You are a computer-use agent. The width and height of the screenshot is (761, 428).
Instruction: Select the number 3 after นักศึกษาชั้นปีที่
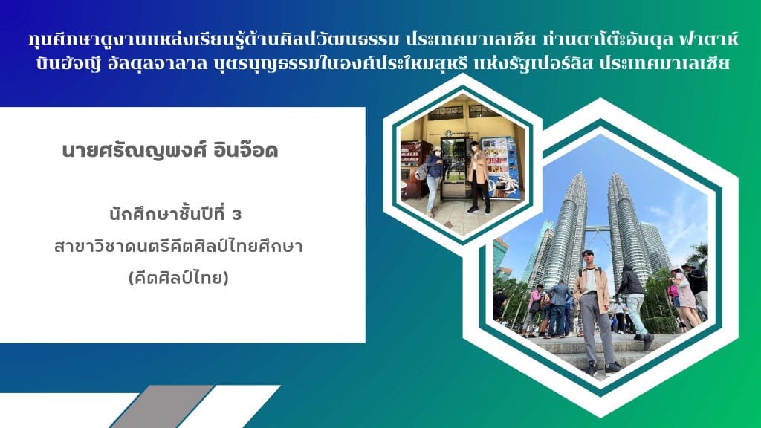pyautogui.click(x=237, y=215)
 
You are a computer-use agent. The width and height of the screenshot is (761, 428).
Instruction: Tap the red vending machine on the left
pyautogui.click(x=412, y=167)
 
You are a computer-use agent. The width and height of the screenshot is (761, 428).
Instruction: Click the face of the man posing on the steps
pyautogui.click(x=590, y=256)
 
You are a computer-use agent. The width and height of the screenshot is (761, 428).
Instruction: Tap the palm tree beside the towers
pyautogui.click(x=697, y=256)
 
